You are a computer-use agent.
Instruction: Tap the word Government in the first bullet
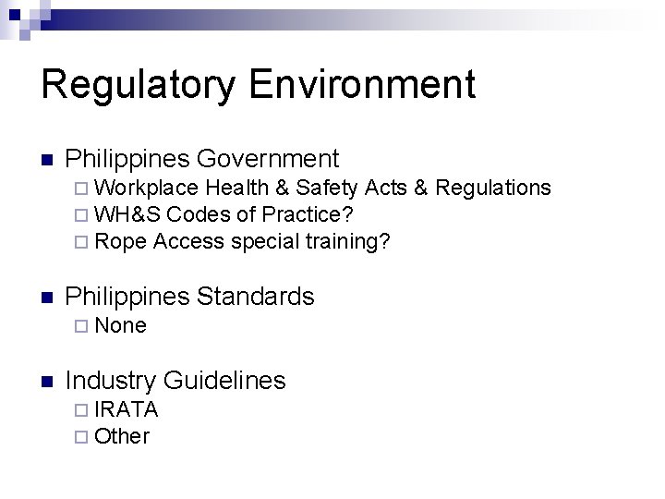268,159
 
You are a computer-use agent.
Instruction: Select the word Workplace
146,188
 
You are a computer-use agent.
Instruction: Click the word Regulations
493,188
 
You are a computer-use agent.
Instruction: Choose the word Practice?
308,214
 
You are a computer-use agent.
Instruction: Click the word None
120,325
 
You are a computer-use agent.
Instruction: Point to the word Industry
111,380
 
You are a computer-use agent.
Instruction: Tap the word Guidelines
224,380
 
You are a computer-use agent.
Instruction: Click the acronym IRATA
127,408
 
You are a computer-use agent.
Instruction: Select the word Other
122,436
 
